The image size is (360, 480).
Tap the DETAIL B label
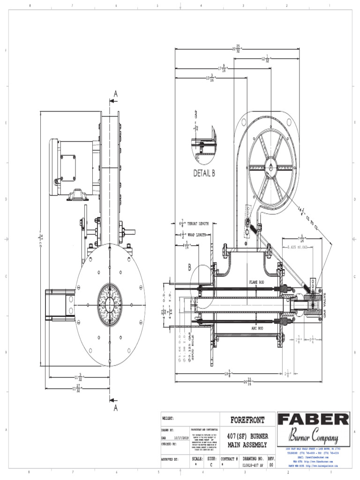point(204,173)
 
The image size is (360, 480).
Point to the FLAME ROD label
point(257,282)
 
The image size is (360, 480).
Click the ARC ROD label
point(257,328)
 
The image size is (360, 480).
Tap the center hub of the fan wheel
point(271,167)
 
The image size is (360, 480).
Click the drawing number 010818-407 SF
point(253,465)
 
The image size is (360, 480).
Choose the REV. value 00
point(270,465)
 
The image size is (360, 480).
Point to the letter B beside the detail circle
point(190,268)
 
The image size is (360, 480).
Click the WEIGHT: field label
point(168,418)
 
